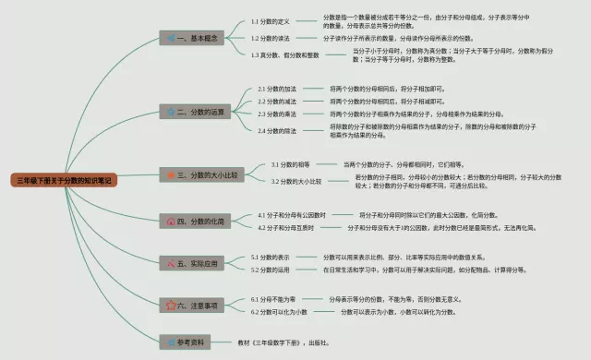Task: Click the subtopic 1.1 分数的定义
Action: pos(273,21)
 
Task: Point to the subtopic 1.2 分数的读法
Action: pos(273,38)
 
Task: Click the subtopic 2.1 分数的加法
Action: pos(277,89)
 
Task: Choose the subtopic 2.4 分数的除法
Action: pos(277,130)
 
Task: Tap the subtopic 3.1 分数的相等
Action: pos(291,164)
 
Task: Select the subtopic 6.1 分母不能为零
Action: pos(277,299)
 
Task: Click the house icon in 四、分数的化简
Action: pos(171,222)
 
